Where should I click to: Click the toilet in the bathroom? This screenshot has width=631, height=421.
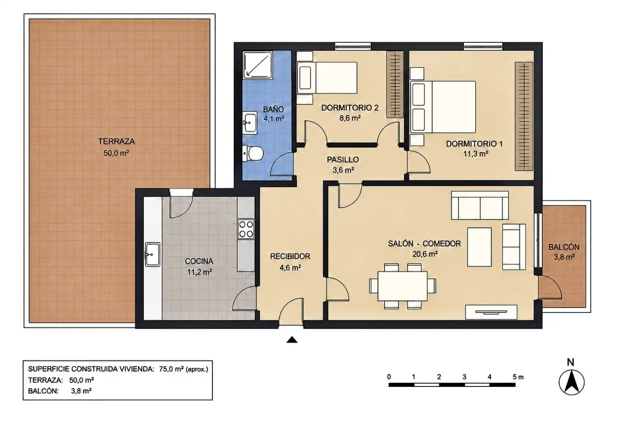(x=253, y=153)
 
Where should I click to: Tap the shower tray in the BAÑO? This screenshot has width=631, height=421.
(x=257, y=65)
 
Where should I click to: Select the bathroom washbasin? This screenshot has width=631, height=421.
(x=250, y=123)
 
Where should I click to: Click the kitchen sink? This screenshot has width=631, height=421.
(x=152, y=254)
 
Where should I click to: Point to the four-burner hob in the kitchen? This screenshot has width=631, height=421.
(x=246, y=229)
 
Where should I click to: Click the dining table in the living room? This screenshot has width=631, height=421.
(x=403, y=286)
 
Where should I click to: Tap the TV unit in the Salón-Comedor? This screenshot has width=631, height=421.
(x=491, y=312)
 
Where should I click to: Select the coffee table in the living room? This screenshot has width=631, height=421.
(x=479, y=247)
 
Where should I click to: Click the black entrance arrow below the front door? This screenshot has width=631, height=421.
(x=292, y=340)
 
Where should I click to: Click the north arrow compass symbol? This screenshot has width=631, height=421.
(x=572, y=382)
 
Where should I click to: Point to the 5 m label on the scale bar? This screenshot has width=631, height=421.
(x=518, y=377)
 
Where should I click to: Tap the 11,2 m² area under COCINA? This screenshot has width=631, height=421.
(x=199, y=272)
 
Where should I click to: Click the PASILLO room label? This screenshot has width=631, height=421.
(x=343, y=160)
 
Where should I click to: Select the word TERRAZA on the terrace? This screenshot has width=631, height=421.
(x=117, y=141)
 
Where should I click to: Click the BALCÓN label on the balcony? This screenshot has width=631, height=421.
(x=564, y=247)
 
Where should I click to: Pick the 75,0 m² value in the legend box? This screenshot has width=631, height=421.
(x=171, y=369)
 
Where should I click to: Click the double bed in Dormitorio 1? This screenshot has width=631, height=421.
(x=443, y=107)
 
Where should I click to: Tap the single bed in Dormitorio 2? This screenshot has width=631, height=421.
(x=327, y=78)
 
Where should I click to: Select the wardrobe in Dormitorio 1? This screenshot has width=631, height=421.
(x=524, y=116)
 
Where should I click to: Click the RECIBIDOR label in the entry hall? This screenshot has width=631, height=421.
(x=290, y=256)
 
